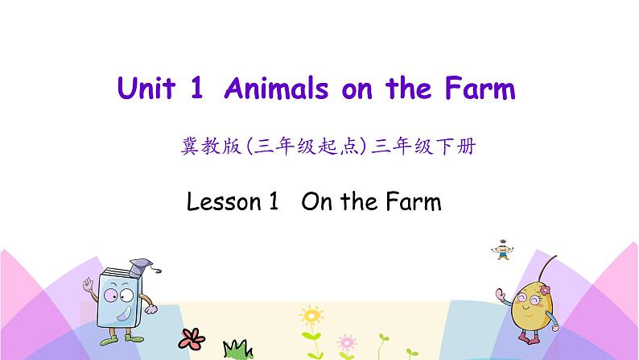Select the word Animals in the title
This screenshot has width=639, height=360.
coord(274,89)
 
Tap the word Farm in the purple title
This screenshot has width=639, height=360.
coord(478,89)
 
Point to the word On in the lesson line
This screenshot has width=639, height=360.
coord(315,201)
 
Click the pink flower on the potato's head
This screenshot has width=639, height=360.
coord(546,289)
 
